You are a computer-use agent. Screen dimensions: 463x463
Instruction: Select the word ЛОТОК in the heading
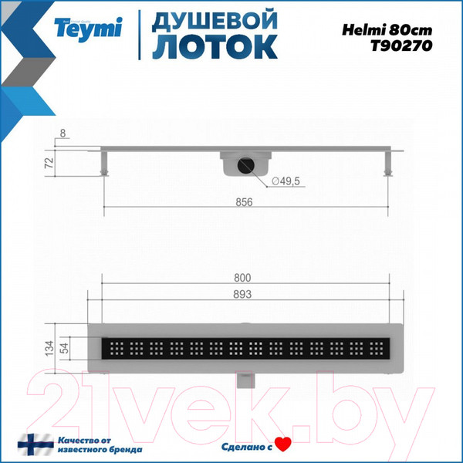[x=214, y=46]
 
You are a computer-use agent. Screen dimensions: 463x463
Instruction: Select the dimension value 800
[x=244, y=278]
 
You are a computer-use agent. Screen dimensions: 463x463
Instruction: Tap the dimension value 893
[x=244, y=294]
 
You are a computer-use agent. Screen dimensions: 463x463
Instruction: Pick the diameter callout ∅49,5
[x=282, y=182]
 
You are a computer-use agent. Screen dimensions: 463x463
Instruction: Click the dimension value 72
[x=48, y=163]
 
